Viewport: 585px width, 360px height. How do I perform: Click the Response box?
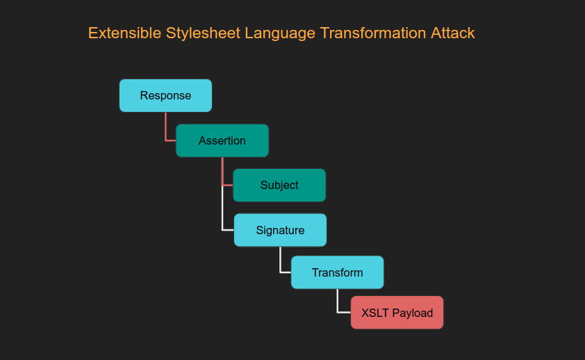coord(165,95)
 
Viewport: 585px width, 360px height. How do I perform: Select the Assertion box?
coord(222,140)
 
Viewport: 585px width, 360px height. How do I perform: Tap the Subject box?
coord(279,185)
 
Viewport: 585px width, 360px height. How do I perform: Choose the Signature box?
coord(280,230)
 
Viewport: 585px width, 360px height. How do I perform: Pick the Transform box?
coord(337,272)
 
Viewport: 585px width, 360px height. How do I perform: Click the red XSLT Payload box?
coord(397,313)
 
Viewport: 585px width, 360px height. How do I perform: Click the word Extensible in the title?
coord(124,33)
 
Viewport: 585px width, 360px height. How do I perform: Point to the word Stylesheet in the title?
coord(204,33)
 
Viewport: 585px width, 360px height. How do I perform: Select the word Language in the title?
coord(280,33)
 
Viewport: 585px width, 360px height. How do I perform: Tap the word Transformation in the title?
coord(373,33)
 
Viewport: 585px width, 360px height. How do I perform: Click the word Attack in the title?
coord(453,33)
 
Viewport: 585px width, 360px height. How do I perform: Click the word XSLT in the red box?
coord(375,313)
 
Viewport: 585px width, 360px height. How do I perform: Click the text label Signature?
coord(280,231)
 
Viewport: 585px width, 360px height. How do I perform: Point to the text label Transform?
coord(337,272)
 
